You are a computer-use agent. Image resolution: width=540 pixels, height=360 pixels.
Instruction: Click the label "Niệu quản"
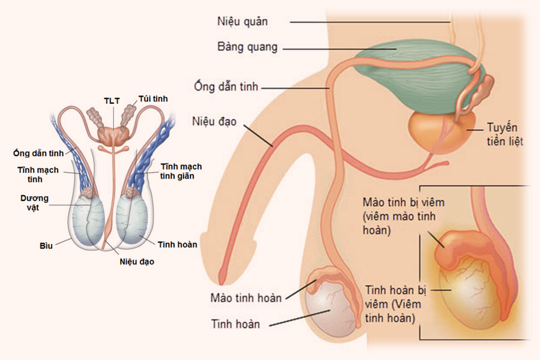(x=242, y=22)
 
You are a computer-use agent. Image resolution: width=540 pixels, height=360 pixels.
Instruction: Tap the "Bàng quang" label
(x=247, y=47)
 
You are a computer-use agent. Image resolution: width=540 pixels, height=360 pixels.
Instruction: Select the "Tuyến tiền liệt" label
(x=505, y=134)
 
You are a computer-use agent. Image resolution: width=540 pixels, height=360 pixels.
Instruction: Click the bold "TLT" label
(x=112, y=101)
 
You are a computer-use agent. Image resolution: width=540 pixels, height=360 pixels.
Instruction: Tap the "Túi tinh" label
(x=153, y=99)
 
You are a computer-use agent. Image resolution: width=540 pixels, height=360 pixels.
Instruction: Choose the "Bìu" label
(x=46, y=245)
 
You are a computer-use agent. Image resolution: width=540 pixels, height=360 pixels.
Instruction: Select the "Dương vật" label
(x=34, y=203)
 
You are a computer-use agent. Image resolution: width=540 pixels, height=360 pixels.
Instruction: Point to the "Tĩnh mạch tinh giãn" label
(x=181, y=171)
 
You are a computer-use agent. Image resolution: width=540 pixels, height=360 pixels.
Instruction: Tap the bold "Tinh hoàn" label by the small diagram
(x=178, y=245)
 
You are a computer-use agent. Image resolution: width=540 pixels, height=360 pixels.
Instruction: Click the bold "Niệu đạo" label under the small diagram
(x=137, y=262)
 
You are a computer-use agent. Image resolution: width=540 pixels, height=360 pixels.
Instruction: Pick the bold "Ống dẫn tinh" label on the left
(x=38, y=153)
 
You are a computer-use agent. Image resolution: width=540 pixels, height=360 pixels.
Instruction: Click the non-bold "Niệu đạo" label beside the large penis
(x=214, y=121)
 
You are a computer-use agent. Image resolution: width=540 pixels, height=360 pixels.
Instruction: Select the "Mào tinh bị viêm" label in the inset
(x=404, y=202)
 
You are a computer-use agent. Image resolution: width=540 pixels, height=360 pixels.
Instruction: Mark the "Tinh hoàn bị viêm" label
(x=396, y=290)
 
